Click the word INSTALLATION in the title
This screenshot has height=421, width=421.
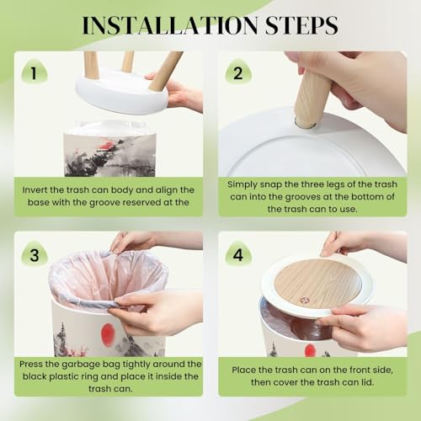[x=170, y=25]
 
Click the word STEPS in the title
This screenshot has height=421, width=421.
[x=301, y=25]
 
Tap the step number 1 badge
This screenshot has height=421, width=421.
[x=35, y=72]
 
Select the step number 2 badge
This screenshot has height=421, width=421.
[x=238, y=72]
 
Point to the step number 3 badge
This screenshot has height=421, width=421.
[x=35, y=254]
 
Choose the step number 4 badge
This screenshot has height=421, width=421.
[x=238, y=254]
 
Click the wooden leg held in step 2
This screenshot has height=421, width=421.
[x=312, y=99]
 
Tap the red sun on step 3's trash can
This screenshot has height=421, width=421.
[x=107, y=334]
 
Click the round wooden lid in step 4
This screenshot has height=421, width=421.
[x=317, y=284]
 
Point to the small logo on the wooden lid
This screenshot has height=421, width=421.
[x=303, y=301]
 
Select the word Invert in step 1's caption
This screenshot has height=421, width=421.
[x=35, y=189]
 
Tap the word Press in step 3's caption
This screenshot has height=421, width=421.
[x=31, y=364]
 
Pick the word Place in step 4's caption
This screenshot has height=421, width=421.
[x=243, y=370]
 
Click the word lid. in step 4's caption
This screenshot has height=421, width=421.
[x=365, y=382]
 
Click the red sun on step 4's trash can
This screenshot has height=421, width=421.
[x=310, y=351]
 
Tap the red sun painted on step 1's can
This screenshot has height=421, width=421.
[x=106, y=145]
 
